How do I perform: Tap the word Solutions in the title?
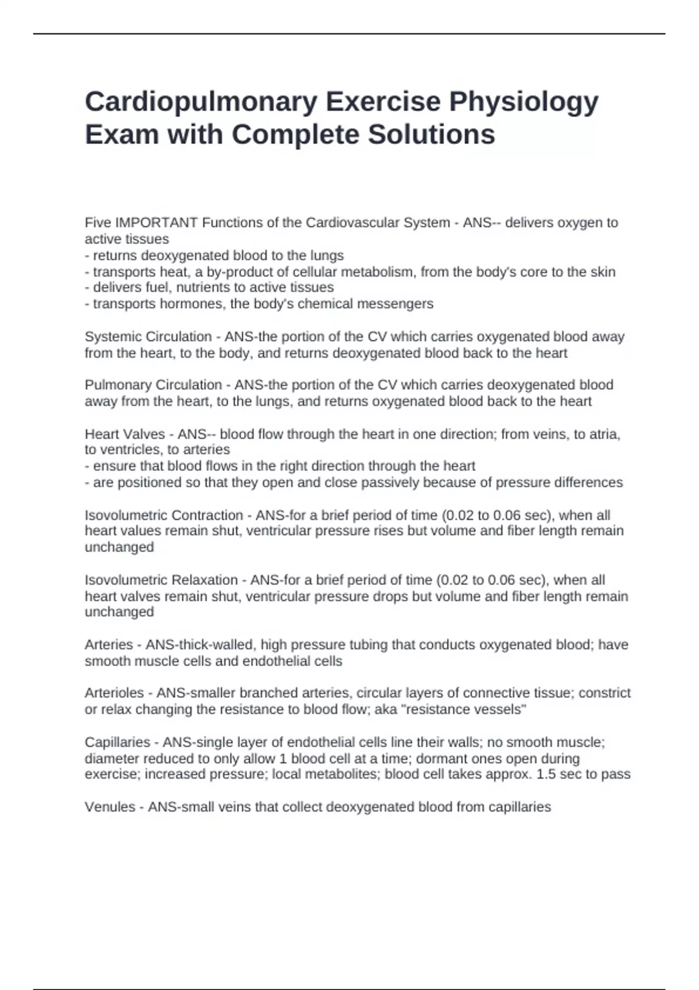pyautogui.click(x=431, y=135)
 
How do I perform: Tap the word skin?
pyautogui.click(x=602, y=272)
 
